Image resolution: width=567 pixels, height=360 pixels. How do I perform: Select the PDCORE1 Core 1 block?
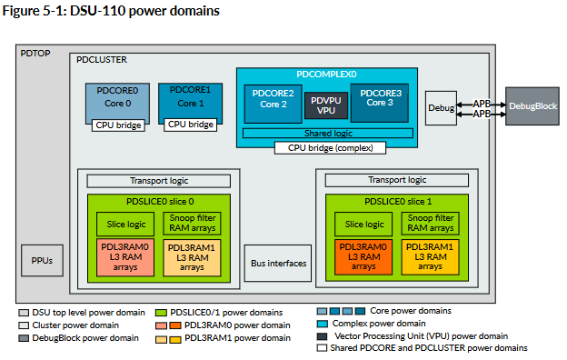pos(190,101)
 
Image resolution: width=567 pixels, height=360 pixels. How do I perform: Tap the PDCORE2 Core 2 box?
pos(273,103)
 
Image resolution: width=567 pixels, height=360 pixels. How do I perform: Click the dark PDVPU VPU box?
pos(325,105)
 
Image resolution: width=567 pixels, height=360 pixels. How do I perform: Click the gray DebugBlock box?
pos(532,107)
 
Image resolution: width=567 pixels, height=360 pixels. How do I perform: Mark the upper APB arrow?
pos(482,103)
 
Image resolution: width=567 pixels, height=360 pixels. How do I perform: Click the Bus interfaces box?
pos(278,265)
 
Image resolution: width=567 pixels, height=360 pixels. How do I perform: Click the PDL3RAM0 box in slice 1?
pos(363,256)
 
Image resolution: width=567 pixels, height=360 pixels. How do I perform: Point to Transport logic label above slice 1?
pos(395,180)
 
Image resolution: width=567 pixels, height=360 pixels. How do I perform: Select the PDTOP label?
pos(35,55)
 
